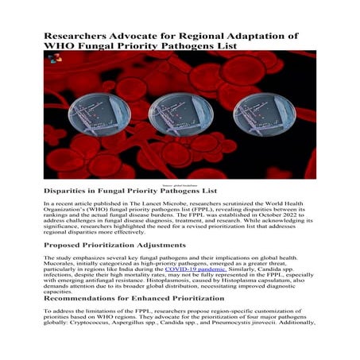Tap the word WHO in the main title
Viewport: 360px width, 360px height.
(x=60, y=48)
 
